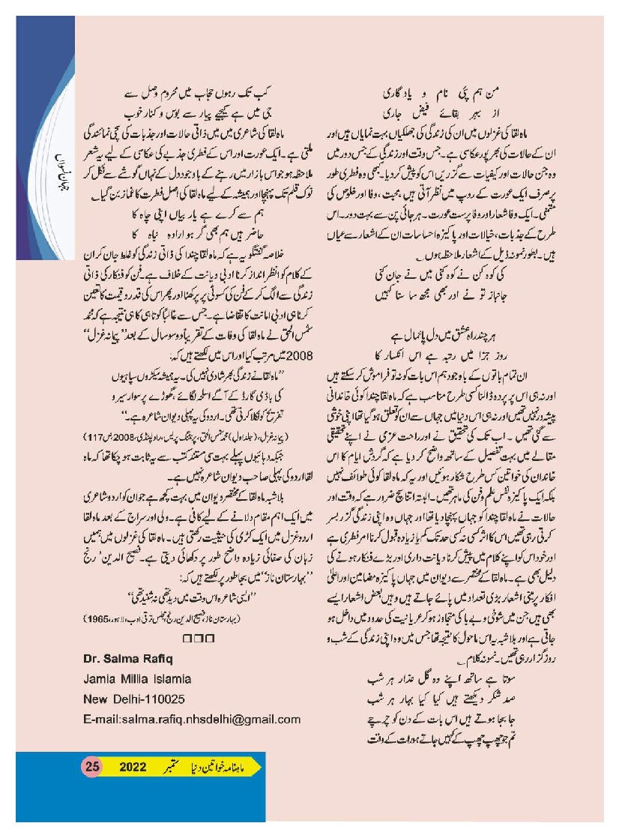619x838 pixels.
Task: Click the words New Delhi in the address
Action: (x=112, y=700)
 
